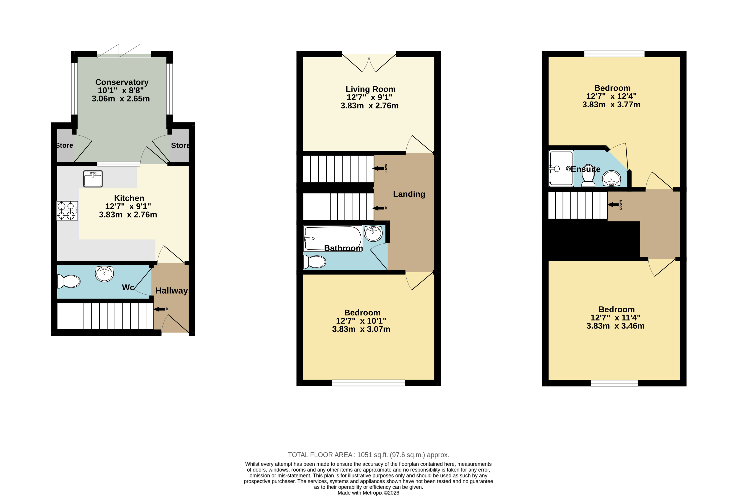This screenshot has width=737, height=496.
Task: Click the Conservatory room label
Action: (x=122, y=82)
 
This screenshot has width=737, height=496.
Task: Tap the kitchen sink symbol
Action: (x=93, y=179)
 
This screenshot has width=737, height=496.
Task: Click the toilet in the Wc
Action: (x=69, y=281)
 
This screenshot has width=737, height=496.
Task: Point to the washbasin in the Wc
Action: (x=104, y=274)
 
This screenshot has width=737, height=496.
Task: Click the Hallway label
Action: (x=171, y=290)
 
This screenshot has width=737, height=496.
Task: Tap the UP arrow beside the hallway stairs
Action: (x=160, y=309)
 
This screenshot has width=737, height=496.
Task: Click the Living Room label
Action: (x=370, y=89)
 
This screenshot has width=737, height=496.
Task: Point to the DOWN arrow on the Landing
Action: (x=379, y=168)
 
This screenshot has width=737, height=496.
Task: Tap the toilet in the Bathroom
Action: (x=314, y=262)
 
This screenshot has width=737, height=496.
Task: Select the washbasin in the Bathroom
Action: (x=373, y=233)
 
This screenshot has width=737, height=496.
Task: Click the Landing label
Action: (x=409, y=194)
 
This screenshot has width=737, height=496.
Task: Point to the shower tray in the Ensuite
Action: (x=561, y=168)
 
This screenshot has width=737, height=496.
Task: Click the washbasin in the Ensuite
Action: (x=612, y=179)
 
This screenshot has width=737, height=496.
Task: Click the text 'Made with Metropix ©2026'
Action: (x=368, y=492)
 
